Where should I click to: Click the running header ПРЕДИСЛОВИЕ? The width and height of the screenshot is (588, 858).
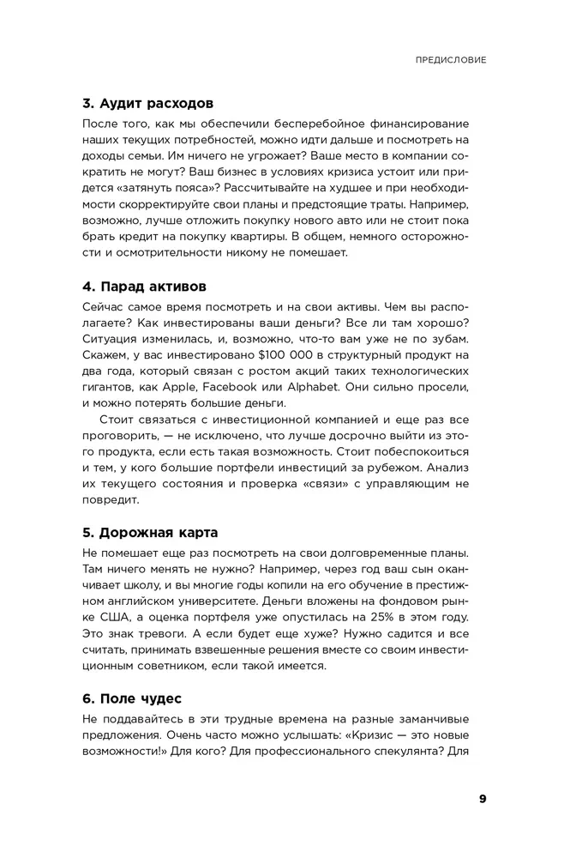451,61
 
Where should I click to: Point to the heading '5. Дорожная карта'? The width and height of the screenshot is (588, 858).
150,530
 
